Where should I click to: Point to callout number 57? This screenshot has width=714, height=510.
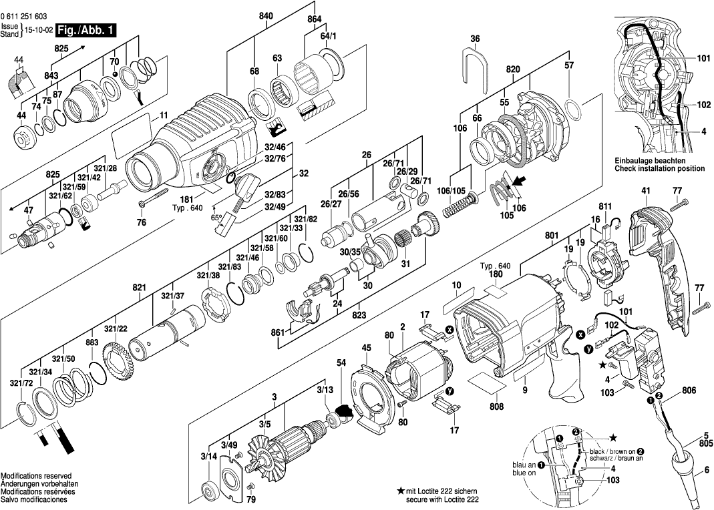tap(569, 65)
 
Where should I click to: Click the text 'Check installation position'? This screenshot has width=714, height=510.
tap(659, 169)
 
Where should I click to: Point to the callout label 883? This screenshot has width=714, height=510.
tap(92, 342)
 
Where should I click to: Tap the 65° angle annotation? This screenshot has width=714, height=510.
tap(215, 218)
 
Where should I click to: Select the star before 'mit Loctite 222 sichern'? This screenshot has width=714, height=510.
tap(400, 491)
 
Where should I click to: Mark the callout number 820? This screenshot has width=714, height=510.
tap(513, 69)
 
